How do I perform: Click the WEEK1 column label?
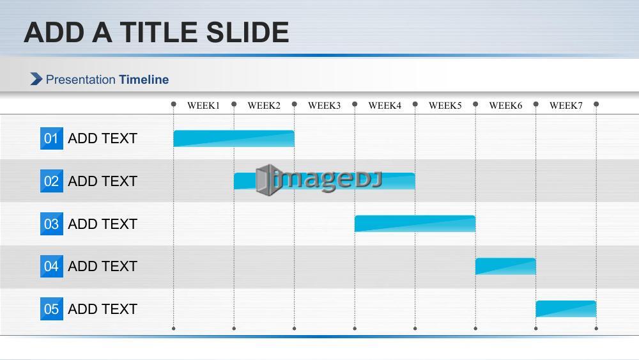click(203, 106)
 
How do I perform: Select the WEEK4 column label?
click(385, 106)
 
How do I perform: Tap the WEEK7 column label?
click(566, 106)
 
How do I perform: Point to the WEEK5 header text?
click(445, 106)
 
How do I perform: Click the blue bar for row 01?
click(234, 139)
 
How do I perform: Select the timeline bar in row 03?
click(415, 224)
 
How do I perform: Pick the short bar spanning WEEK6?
click(505, 266)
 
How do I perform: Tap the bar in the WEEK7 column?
click(566, 309)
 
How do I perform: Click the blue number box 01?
click(51, 138)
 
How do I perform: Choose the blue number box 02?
click(51, 181)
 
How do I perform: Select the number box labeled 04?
click(51, 266)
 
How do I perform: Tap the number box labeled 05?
click(51, 309)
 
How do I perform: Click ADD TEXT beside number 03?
click(102, 224)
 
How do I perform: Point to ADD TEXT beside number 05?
click(102, 309)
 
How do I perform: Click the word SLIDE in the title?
click(247, 32)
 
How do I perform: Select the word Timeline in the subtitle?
click(144, 79)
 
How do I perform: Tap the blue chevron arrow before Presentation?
click(36, 79)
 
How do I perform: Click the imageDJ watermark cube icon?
click(267, 180)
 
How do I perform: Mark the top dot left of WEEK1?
click(174, 104)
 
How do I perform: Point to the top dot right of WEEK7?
click(596, 104)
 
